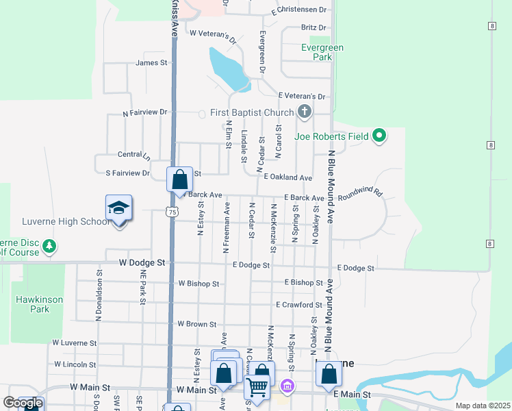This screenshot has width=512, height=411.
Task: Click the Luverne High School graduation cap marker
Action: tap(118, 208)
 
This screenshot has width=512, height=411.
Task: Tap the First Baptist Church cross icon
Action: tap(305, 112)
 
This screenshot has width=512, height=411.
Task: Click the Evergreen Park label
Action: tap(322, 52)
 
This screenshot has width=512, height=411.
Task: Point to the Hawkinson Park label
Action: tap(31, 304)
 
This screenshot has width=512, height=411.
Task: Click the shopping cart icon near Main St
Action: tap(257, 387)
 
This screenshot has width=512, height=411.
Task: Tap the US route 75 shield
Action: tap(172, 213)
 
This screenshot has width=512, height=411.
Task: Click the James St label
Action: tap(152, 63)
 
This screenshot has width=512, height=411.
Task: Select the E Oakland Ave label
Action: tap(288, 177)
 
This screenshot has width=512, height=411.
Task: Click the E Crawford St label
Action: tap(298, 305)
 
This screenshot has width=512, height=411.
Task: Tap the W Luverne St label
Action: tap(74, 342)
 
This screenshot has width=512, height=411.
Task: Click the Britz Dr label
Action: tap(313, 27)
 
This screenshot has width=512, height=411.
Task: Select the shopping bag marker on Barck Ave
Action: tap(179, 180)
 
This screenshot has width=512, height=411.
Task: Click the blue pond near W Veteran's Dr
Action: tap(229, 69)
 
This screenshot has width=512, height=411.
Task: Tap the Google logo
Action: tap(22, 403)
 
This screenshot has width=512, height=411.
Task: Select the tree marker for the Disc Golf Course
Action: tap(48, 246)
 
